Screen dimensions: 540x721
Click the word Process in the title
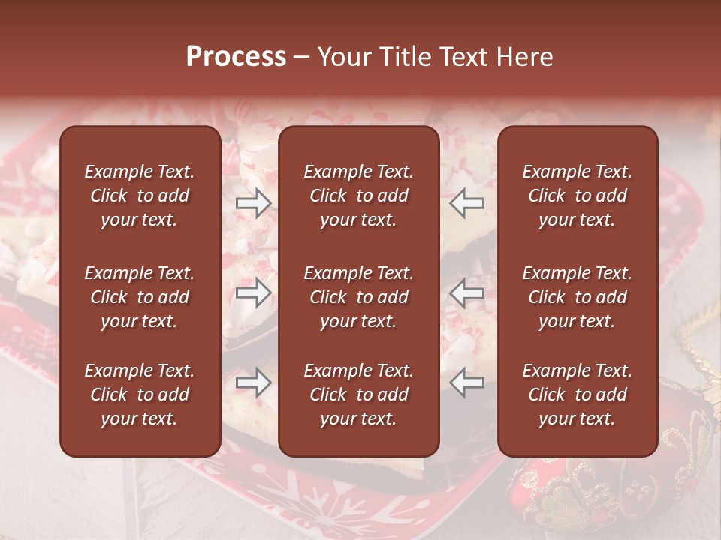(x=236, y=57)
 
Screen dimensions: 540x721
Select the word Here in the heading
(x=524, y=57)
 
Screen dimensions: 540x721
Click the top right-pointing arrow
(x=253, y=203)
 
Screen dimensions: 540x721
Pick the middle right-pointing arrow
(x=253, y=293)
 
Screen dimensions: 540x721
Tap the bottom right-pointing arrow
(x=253, y=382)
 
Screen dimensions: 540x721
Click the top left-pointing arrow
(x=467, y=203)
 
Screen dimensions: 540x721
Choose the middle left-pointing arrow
(x=467, y=293)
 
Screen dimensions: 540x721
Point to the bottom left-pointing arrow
(x=467, y=382)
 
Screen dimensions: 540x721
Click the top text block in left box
(x=140, y=196)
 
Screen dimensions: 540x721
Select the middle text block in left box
(x=140, y=297)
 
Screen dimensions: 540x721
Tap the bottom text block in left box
(x=140, y=394)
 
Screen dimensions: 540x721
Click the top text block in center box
(x=358, y=196)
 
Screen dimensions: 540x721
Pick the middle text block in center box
(x=358, y=297)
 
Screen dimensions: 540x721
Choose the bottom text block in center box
(x=358, y=394)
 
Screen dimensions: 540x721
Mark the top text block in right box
(x=577, y=196)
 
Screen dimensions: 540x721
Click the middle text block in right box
(x=577, y=297)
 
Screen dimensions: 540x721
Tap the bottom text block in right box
(x=577, y=394)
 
